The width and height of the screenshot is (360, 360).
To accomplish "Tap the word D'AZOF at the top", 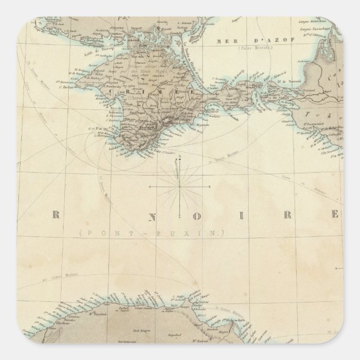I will pos(255,41).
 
